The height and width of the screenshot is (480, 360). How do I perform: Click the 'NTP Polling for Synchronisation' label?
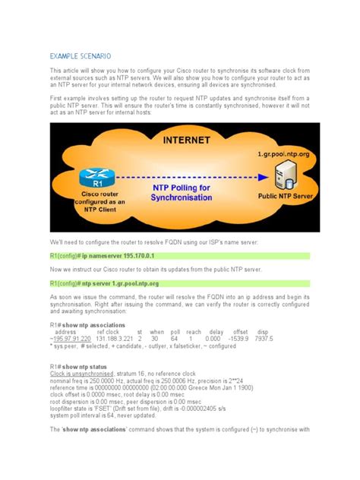pyautogui.click(x=182, y=193)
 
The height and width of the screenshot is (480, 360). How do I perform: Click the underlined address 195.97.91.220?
pyautogui.click(x=74, y=339)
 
